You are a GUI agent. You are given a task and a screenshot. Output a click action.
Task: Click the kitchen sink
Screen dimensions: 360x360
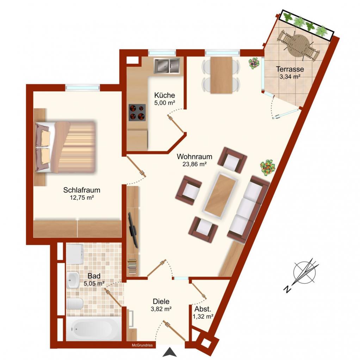[167, 66]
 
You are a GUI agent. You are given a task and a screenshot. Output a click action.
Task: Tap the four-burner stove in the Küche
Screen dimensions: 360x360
[137, 112]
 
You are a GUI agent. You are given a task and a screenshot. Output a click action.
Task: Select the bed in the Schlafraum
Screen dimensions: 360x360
[66, 147]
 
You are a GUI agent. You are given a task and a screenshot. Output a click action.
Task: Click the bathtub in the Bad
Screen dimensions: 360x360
[94, 329]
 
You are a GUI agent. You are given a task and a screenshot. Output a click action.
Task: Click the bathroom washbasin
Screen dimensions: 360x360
[73, 279]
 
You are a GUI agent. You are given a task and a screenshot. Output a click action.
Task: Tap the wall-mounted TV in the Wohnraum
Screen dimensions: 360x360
[133, 230]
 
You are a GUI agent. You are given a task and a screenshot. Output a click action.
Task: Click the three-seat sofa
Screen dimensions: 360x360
[248, 209]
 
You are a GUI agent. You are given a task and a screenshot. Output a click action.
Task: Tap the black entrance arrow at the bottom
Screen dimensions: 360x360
[169, 352]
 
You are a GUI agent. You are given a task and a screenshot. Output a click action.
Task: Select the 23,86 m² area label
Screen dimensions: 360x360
[195, 164]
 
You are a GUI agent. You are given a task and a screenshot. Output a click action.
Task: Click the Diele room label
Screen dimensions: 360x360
[161, 301]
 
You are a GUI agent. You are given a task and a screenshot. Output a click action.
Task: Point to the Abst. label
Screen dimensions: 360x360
[203, 309]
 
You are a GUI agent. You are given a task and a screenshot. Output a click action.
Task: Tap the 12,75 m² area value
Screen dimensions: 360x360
[82, 198]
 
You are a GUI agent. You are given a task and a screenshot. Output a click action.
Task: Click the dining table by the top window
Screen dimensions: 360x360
[221, 75]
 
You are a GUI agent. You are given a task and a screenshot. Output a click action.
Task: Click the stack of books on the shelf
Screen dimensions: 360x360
[132, 266]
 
